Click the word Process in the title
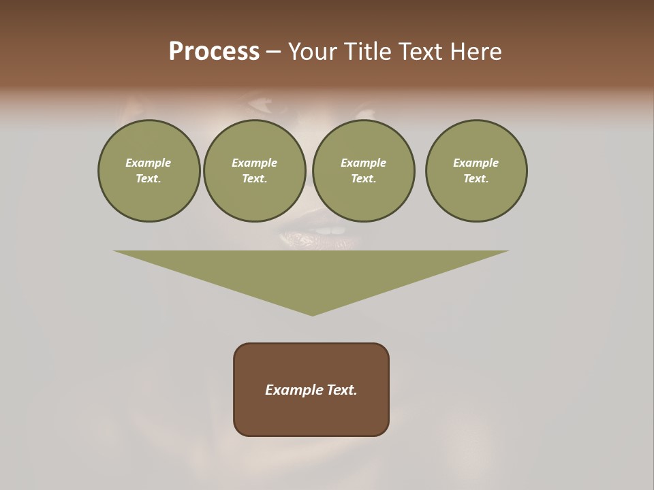click(214, 52)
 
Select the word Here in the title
click(475, 52)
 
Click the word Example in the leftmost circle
click(149, 163)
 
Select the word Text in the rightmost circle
click(476, 178)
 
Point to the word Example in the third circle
click(363, 163)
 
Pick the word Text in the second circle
click(254, 178)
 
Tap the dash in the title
click(273, 52)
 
